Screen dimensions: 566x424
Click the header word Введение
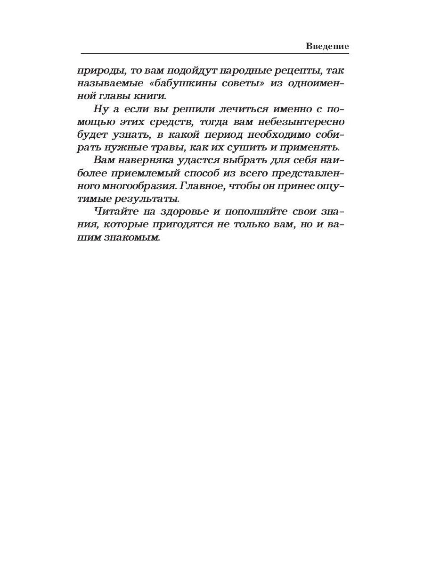point(327,46)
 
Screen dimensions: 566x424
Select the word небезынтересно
point(300,122)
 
